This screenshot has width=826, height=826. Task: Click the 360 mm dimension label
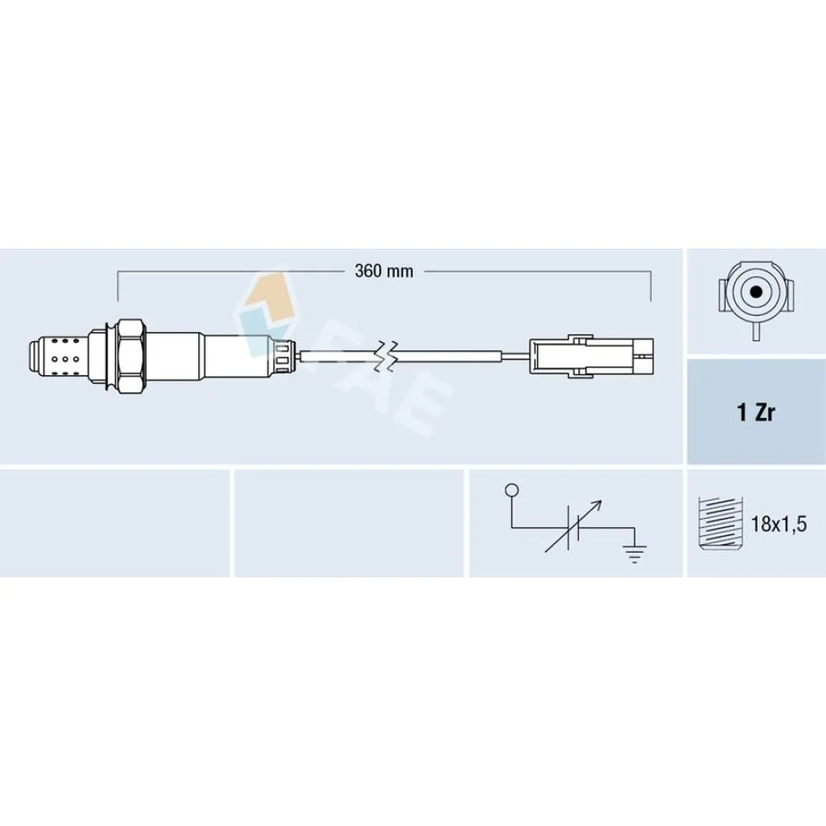(x=384, y=271)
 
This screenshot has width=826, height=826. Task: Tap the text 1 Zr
(x=756, y=412)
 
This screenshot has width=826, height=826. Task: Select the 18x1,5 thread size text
(x=779, y=525)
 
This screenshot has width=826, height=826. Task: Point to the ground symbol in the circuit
(x=634, y=553)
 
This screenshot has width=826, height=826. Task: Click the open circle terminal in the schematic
(x=511, y=491)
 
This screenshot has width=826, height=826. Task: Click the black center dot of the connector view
(x=757, y=292)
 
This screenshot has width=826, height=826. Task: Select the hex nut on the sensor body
(x=130, y=357)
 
